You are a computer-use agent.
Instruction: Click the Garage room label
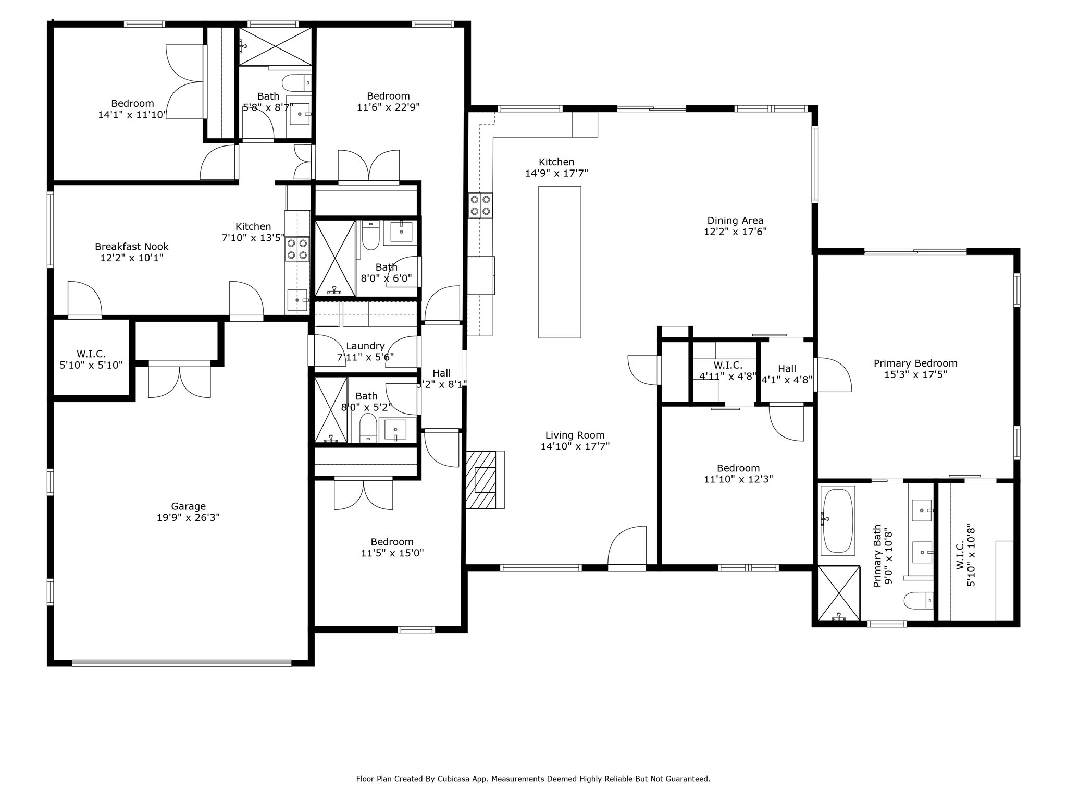click(x=188, y=506)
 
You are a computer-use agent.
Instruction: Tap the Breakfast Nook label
click(x=132, y=247)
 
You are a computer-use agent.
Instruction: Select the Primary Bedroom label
click(x=915, y=363)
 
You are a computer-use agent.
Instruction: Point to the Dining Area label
click(x=735, y=221)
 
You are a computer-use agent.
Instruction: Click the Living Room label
click(x=575, y=435)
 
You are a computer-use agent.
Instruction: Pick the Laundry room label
click(x=365, y=346)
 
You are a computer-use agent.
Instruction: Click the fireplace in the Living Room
click(x=485, y=480)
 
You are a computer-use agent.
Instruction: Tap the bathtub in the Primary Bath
click(x=837, y=520)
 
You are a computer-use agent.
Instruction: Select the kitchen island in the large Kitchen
click(x=560, y=262)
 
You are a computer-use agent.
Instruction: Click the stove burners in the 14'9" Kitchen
click(x=480, y=205)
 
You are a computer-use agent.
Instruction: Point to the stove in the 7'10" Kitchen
click(x=297, y=249)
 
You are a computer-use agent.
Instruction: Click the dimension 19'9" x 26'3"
click(x=188, y=518)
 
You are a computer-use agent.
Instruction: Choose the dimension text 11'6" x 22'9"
click(x=388, y=107)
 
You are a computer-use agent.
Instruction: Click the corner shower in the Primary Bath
click(x=839, y=593)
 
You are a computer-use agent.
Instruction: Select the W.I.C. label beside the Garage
click(x=91, y=354)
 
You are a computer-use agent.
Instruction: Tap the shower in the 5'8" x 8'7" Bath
click(x=275, y=46)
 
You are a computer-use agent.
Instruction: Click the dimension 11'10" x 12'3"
click(x=738, y=479)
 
